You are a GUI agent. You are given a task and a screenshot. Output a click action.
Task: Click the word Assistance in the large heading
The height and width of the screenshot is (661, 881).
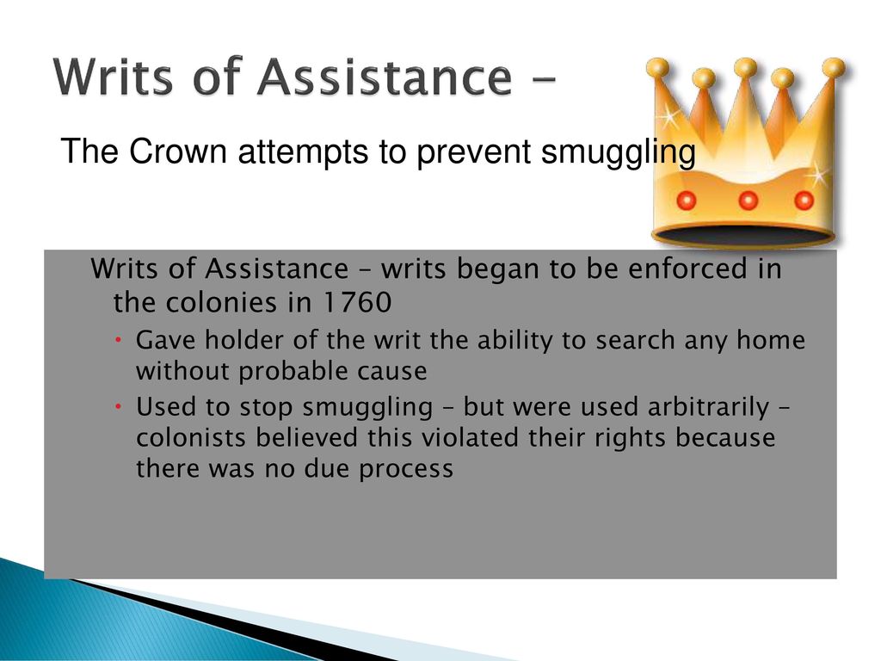[385, 77]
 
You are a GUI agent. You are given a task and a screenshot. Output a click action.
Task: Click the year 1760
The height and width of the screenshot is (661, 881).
[357, 302]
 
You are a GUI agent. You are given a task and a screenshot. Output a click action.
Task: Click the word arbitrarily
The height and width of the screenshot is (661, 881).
[707, 407]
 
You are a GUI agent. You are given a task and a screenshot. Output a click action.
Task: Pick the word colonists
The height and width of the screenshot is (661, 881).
[190, 437]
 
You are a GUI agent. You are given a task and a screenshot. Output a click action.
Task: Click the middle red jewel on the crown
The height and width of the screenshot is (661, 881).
[748, 200]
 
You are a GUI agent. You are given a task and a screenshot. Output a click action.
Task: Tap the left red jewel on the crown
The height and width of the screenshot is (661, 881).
[686, 200]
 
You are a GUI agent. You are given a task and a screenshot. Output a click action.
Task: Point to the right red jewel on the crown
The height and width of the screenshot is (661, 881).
[804, 200]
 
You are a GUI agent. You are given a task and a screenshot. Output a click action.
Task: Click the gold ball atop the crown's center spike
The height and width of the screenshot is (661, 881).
[745, 67]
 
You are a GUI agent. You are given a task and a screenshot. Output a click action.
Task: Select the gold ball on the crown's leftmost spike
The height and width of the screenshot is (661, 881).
[657, 69]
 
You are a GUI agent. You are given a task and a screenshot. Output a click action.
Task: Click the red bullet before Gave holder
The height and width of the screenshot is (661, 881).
[119, 340]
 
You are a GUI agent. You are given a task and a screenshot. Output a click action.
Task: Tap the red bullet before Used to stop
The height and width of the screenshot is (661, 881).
[119, 406]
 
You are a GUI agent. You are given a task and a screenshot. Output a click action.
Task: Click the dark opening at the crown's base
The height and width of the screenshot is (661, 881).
[742, 234]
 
